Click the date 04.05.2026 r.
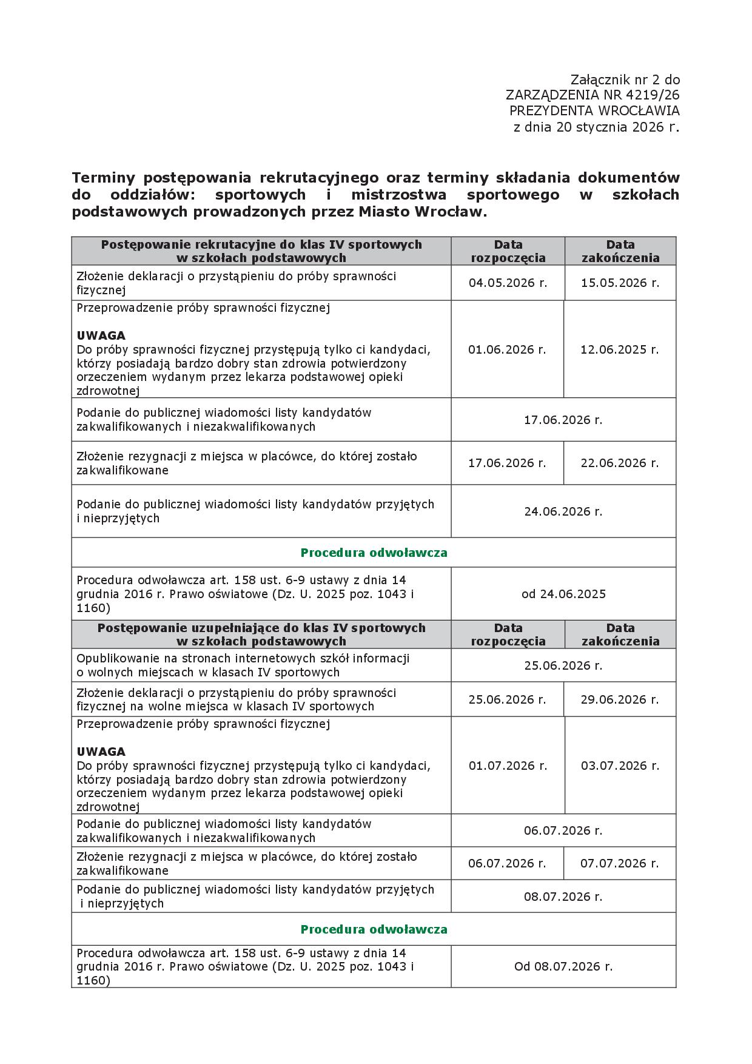[508, 283]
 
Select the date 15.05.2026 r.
[620, 283]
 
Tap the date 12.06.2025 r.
[619, 349]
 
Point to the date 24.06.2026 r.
[563, 511]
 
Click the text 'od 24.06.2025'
[563, 594]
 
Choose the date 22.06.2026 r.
[619, 463]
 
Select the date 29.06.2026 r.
[619, 699]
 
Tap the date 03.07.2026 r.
[620, 766]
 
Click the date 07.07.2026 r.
[619, 863]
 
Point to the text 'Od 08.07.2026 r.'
[563, 966]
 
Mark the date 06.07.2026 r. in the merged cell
[563, 830]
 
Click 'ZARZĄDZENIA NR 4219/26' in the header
[593, 95]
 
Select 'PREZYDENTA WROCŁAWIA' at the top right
[594, 111]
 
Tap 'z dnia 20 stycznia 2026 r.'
[596, 127]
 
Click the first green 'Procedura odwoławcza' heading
[374, 553]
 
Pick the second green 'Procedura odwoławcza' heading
[374, 929]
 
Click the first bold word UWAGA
[101, 335]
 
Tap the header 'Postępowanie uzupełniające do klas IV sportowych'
[261, 628]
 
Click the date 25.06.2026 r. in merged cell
[563, 665]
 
